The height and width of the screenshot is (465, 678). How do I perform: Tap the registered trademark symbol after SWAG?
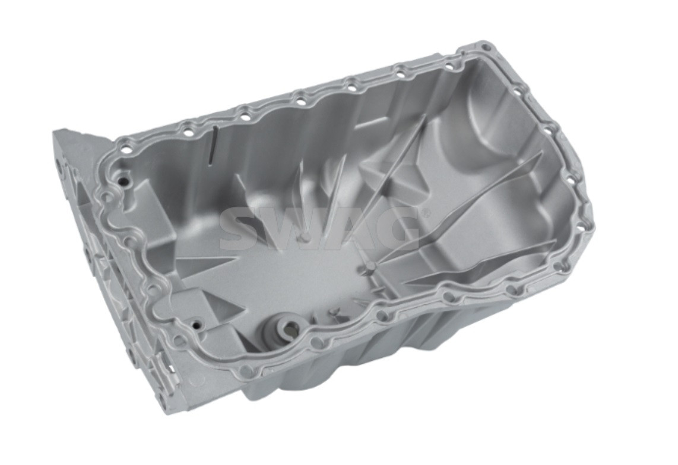pos(426,213)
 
